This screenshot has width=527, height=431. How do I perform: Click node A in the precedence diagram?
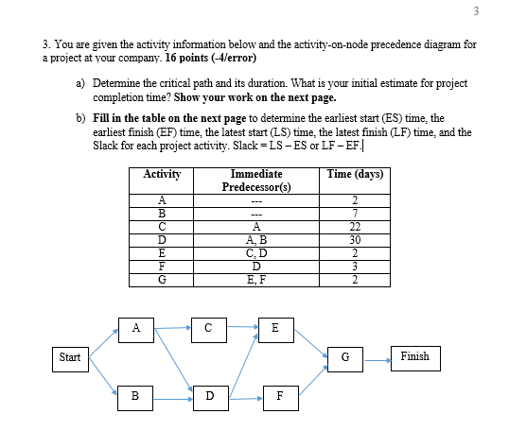[136, 329]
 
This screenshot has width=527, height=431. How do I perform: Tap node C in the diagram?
[204, 329]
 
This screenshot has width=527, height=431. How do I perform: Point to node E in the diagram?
[274, 329]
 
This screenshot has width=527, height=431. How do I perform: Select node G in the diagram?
[345, 357]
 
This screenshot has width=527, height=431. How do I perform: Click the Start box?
[70, 357]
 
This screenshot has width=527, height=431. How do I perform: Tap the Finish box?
[414, 357]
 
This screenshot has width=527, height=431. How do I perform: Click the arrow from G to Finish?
[377, 357]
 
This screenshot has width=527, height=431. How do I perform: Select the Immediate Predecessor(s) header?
[255, 181]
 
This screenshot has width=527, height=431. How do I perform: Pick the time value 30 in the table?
[355, 240]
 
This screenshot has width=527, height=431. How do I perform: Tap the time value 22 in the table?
[355, 227]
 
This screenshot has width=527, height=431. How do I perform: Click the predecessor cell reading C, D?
[255, 252]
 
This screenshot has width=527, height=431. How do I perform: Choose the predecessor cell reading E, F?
[255, 279]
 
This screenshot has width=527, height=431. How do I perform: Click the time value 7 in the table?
[355, 214]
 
